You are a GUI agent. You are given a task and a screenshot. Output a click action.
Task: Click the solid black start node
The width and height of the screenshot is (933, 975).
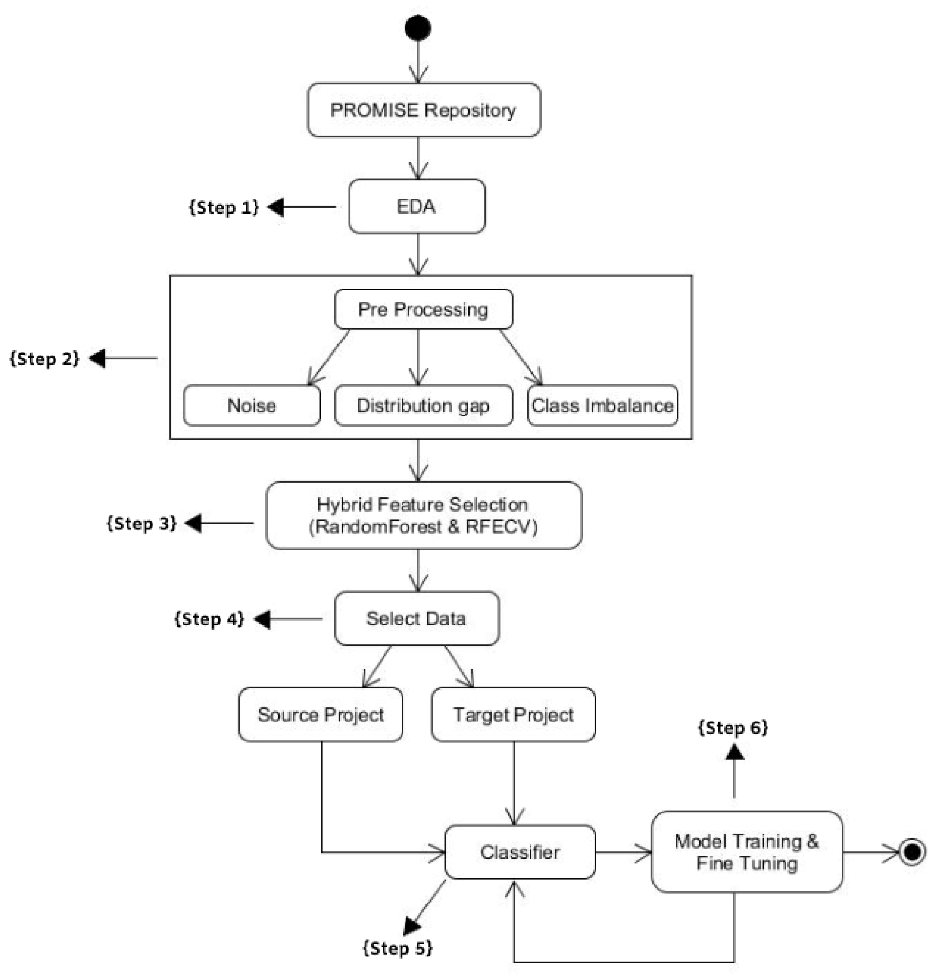click(418, 28)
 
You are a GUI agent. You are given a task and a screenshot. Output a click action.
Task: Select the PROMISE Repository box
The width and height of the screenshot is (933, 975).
click(424, 110)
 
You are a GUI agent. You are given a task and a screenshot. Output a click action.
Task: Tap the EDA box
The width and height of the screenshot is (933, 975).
click(417, 206)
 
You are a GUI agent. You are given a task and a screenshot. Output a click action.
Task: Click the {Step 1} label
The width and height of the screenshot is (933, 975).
click(224, 207)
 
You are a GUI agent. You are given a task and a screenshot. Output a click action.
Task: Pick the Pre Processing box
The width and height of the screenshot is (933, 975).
click(424, 309)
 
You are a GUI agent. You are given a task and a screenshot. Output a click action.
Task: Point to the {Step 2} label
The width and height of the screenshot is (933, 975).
click(45, 358)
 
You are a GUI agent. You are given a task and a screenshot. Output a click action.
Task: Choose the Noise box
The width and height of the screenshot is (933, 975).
click(252, 405)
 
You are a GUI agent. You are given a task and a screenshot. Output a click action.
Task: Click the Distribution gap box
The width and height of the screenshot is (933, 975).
click(424, 405)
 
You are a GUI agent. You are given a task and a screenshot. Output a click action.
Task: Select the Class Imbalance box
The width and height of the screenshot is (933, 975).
click(602, 405)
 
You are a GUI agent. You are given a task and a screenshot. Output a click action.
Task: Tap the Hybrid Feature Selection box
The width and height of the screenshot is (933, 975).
click(424, 515)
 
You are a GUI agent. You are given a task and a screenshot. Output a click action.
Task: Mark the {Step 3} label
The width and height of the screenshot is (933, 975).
click(142, 523)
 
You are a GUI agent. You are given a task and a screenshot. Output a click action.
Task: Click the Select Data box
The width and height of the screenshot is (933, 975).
click(417, 618)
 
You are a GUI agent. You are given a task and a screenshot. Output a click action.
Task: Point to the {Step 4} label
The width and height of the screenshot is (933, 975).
click(209, 618)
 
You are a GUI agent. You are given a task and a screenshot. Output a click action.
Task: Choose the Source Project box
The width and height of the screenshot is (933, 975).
click(321, 715)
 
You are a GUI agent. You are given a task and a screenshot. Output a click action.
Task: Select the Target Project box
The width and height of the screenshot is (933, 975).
click(513, 715)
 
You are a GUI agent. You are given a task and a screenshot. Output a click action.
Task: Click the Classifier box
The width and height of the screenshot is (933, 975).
click(520, 852)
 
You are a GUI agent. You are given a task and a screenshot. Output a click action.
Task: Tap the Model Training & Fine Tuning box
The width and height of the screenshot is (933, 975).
click(747, 852)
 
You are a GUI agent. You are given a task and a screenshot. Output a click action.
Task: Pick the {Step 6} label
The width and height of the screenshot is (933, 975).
click(733, 727)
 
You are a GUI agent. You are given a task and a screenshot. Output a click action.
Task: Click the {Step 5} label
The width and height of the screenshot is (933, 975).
click(398, 948)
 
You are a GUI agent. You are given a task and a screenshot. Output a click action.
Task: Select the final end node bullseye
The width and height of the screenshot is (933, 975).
click(912, 852)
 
